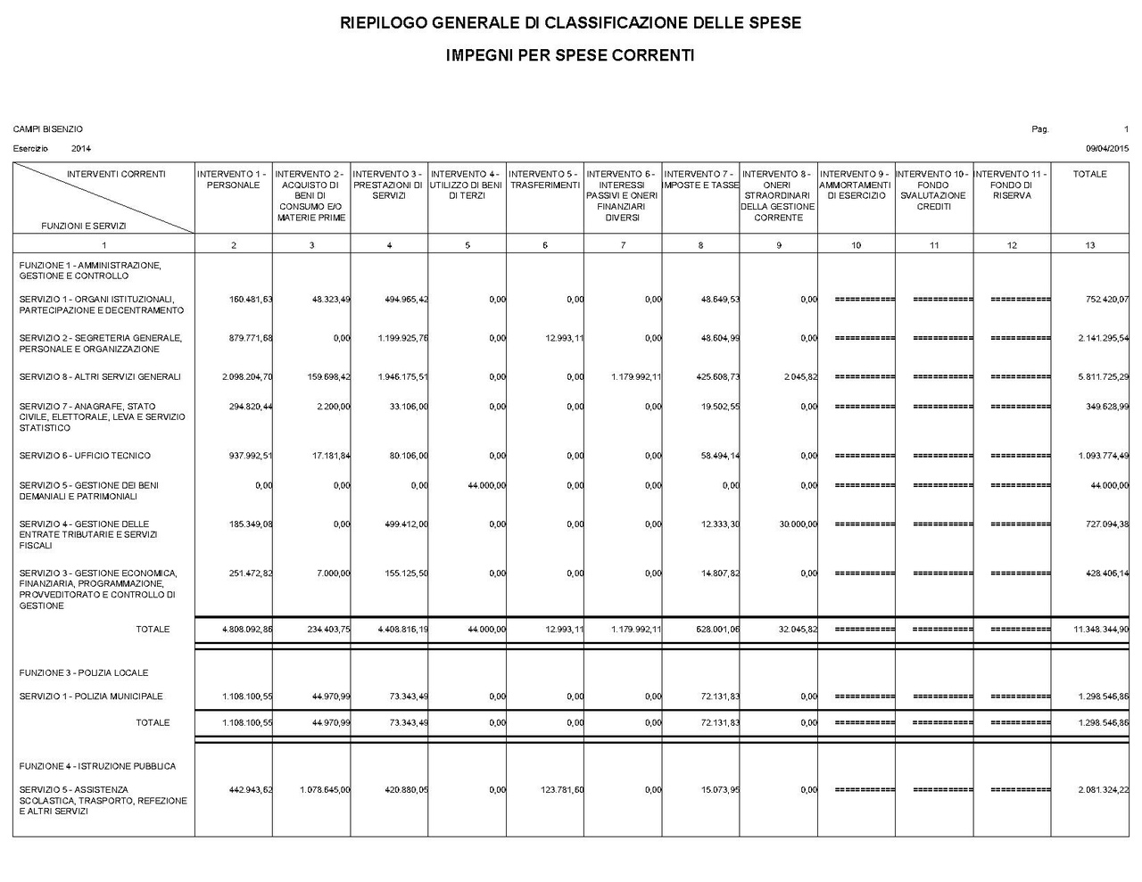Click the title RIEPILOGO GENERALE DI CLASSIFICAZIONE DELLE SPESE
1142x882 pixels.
point(570,23)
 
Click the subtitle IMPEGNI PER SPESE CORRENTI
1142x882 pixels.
point(570,55)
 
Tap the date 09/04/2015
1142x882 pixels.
point(1107,148)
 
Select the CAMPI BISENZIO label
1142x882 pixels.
point(48,129)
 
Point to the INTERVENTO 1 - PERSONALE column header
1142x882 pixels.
point(233,179)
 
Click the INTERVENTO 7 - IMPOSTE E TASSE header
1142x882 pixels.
point(701,179)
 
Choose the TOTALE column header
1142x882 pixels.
point(1089,174)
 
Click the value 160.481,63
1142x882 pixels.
point(251,300)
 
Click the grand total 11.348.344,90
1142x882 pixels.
point(1101,630)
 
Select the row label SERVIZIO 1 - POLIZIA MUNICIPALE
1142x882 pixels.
point(91,697)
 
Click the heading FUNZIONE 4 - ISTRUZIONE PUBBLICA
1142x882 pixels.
point(97,766)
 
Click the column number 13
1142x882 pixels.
point(1089,245)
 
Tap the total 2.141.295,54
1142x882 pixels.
point(1103,339)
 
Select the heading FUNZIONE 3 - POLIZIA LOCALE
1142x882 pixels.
point(84,672)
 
